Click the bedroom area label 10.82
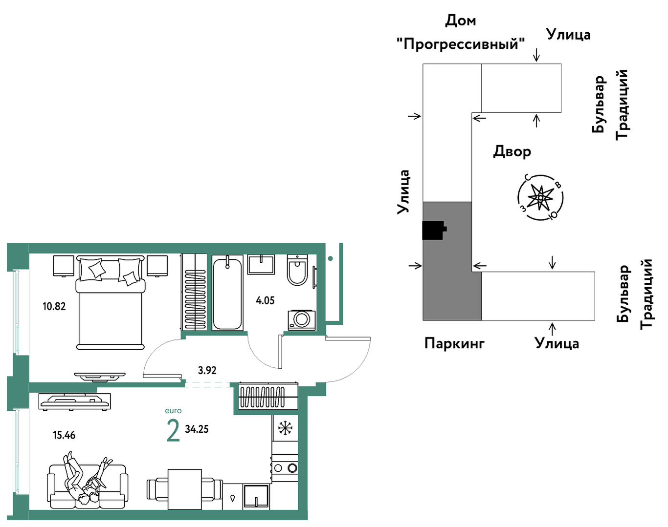[54, 307]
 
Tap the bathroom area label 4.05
[265, 300]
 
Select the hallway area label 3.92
[207, 370]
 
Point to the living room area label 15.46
[64, 435]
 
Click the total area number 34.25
[197, 429]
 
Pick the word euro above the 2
[173, 411]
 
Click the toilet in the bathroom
[297, 270]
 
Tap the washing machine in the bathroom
[301, 320]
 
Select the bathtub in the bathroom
[227, 293]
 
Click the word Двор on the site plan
[512, 152]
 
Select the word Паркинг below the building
[454, 343]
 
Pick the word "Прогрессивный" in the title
[461, 43]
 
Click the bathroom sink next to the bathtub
[261, 264]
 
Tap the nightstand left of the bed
[64, 266]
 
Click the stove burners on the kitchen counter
[285, 468]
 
